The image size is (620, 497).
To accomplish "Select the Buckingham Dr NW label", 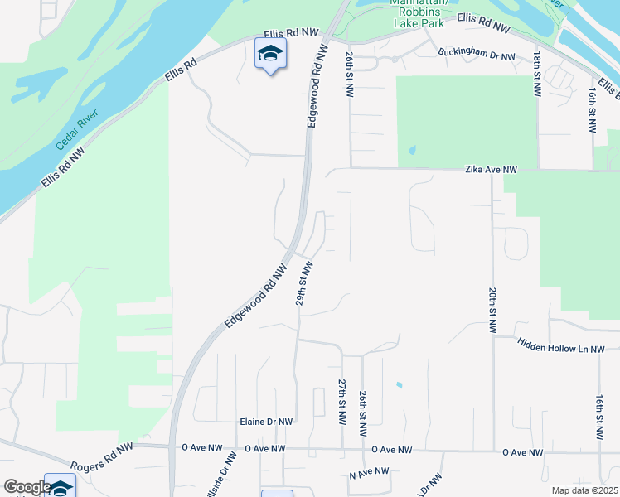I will click(x=477, y=57).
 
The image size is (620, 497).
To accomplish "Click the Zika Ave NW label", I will click(x=490, y=170).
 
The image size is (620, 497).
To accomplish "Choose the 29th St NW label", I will click(x=305, y=283).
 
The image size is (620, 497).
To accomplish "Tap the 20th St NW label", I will click(x=492, y=311).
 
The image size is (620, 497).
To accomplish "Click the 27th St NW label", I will click(x=341, y=401).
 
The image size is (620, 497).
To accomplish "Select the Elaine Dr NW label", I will click(x=265, y=422).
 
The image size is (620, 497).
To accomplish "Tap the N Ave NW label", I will click(x=369, y=472).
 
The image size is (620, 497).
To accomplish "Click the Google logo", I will click(x=27, y=487).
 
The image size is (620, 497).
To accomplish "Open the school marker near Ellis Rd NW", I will click(x=270, y=55).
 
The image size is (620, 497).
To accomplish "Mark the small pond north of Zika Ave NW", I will click(x=412, y=152).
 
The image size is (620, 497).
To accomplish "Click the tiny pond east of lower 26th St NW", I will click(x=400, y=384).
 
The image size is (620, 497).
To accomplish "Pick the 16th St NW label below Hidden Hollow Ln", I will click(x=598, y=416).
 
